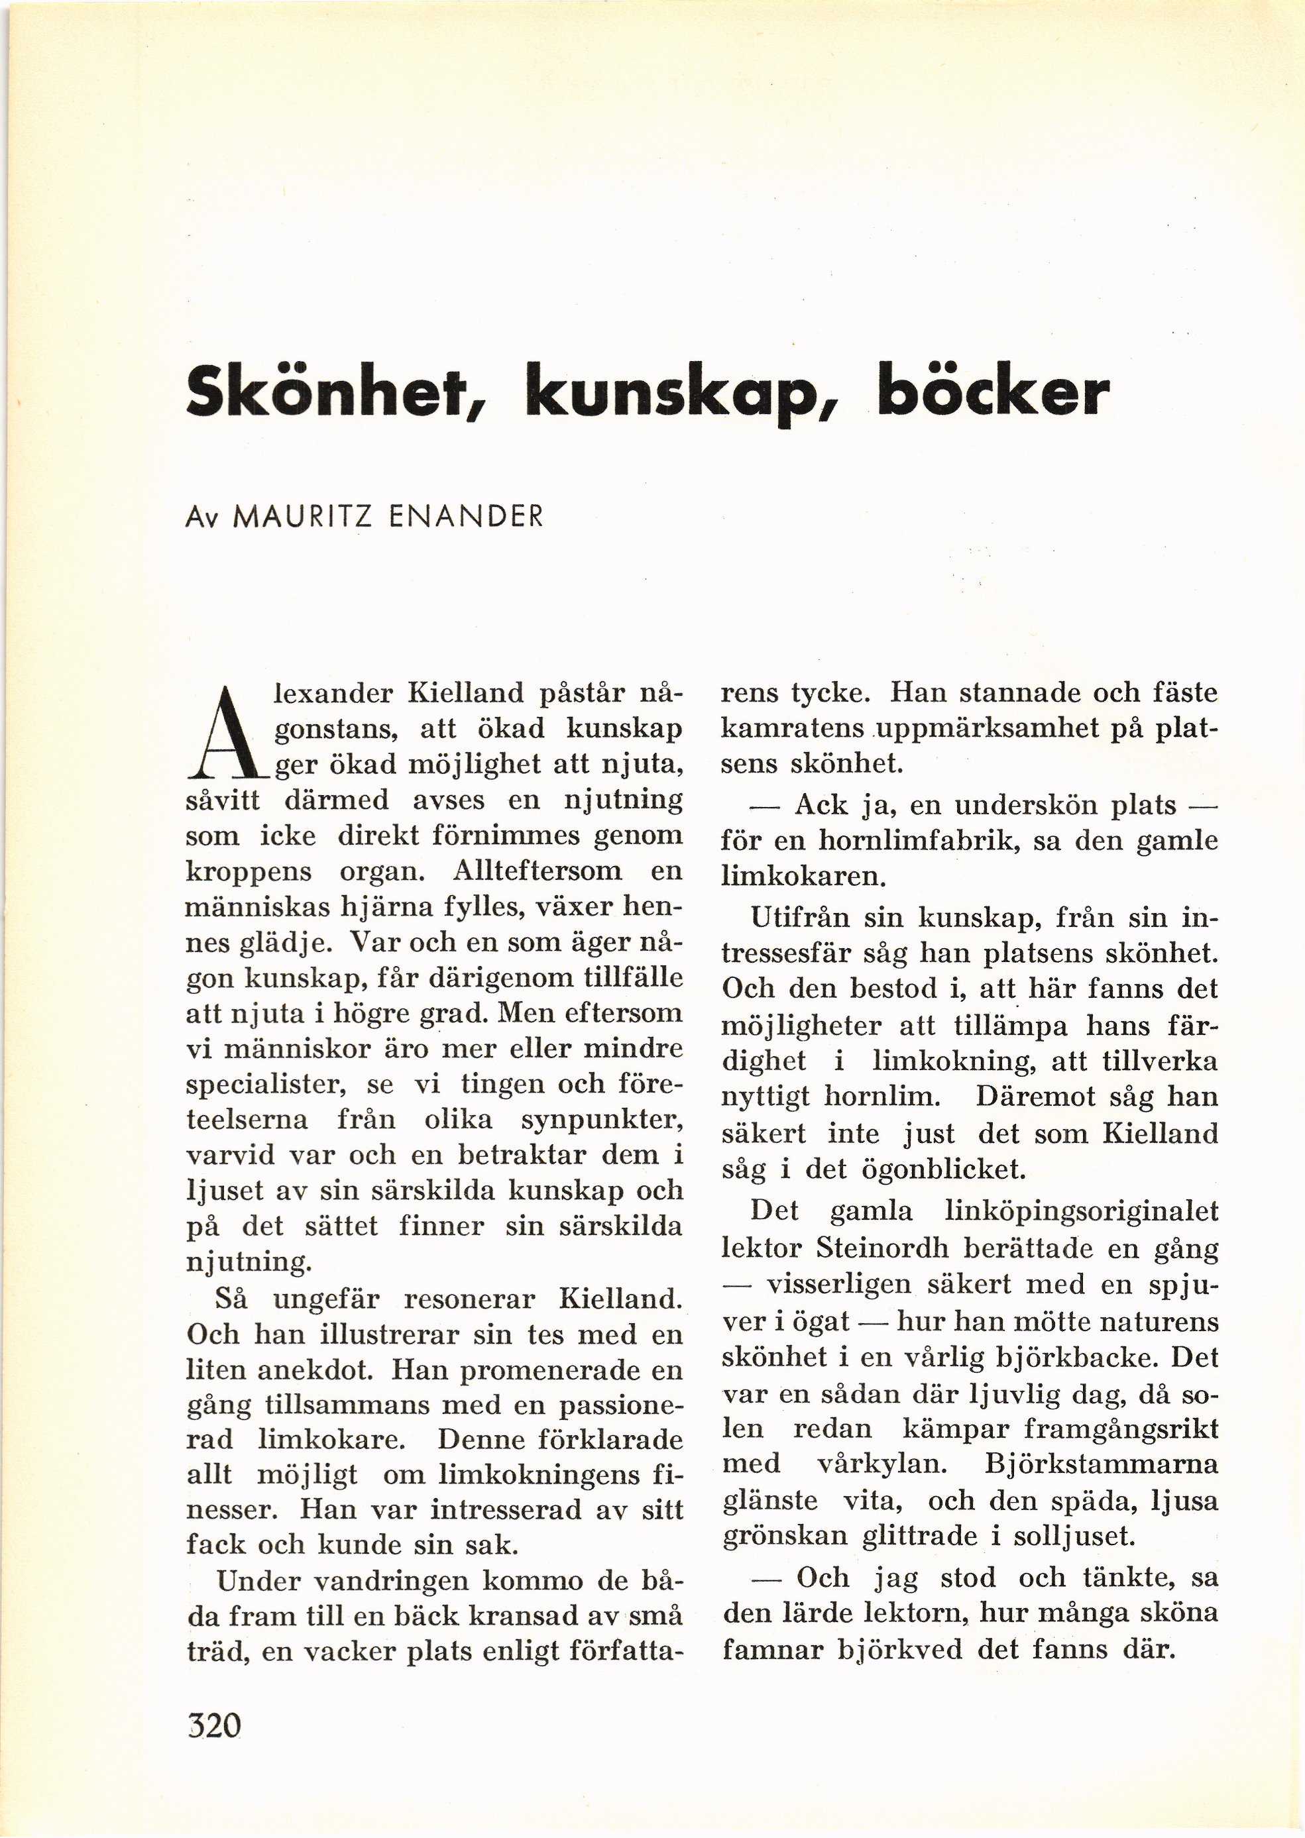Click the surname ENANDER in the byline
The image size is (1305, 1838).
tap(465, 515)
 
